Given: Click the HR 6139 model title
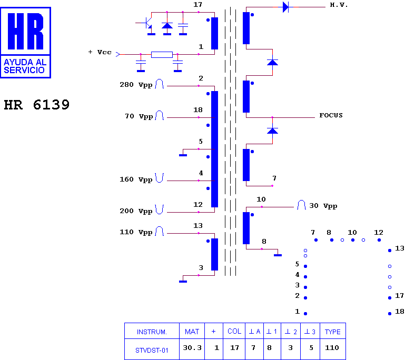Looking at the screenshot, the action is [x=37, y=105].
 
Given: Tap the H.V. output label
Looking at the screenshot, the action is [x=339, y=5].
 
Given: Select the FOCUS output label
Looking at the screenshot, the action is [x=331, y=115].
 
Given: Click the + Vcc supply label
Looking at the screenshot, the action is [x=100, y=52].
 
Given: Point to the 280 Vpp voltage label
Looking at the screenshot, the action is [x=136, y=85].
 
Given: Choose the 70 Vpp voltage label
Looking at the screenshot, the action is [x=139, y=116].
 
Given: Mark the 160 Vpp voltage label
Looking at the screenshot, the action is [x=136, y=179].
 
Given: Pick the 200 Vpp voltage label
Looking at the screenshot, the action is [x=136, y=211].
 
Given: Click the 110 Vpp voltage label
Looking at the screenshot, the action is [x=136, y=232].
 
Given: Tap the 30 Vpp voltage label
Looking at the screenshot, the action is [x=323, y=206].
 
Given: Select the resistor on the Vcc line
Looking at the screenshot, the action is [x=162, y=54].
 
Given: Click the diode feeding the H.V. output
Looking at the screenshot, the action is [x=285, y=7].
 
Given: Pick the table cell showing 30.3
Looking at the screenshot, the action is [x=192, y=348].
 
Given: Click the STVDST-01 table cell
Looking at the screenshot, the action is [x=152, y=350].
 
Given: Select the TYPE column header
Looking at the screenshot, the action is [x=333, y=332].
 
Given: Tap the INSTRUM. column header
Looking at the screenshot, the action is [x=152, y=332].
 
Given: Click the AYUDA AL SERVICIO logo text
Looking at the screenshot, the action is [x=25, y=66].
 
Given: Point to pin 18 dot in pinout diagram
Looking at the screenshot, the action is [x=390, y=314].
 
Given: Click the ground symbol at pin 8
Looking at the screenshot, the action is [x=278, y=255].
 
